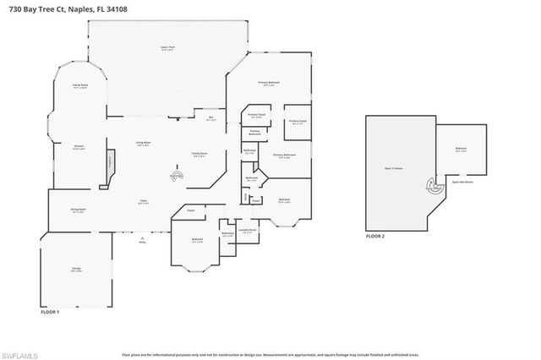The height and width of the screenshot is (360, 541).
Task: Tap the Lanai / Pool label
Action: point(167,47)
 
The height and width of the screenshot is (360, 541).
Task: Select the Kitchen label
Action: point(79,147)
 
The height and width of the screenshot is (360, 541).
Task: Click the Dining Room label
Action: point(78,210)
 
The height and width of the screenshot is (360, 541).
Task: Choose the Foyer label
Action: point(144,201)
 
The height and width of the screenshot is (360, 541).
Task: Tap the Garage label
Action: point(76,269)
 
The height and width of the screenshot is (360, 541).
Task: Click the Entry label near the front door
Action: point(142,242)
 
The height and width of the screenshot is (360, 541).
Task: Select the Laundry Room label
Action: point(246,229)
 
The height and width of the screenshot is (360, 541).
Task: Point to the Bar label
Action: point(211,118)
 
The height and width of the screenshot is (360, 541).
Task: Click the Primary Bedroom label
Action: point(269,83)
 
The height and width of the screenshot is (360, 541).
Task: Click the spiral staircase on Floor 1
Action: point(177,177)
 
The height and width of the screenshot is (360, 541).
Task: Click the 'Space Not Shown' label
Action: point(462,181)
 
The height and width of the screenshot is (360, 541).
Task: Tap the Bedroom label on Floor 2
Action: point(462,149)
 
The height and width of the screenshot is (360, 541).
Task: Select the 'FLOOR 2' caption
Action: point(375,237)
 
